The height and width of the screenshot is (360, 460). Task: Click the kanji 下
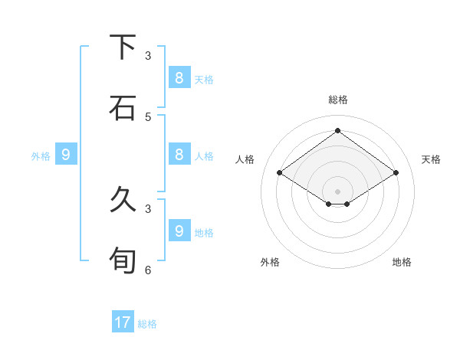pos(123,47)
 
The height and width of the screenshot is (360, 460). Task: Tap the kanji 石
pos(123,107)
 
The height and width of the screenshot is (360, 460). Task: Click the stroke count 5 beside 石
pos(148,116)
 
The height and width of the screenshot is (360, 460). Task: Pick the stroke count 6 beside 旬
pos(148,270)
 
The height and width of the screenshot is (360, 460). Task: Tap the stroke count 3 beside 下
pos(148,56)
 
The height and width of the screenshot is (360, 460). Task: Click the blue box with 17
pos(123,322)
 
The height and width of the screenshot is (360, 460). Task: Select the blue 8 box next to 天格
pos(179,77)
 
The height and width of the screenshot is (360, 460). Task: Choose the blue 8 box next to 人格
pos(179,154)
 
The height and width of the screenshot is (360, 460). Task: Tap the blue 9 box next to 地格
pos(179,231)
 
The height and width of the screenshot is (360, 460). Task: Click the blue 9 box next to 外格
pos(66,155)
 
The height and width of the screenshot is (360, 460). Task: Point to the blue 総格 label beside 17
pos(147,324)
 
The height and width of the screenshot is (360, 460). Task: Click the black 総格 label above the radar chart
pos(337,100)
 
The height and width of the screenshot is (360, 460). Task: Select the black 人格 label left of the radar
pos(245,159)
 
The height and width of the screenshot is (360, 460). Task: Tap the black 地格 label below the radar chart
pos(402,262)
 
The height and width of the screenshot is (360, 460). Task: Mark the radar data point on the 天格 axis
pos(396,173)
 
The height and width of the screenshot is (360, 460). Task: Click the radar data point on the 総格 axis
pos(337,131)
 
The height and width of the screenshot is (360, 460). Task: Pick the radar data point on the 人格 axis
pos(279,173)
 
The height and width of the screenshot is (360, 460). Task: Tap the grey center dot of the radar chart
pos(337,191)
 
